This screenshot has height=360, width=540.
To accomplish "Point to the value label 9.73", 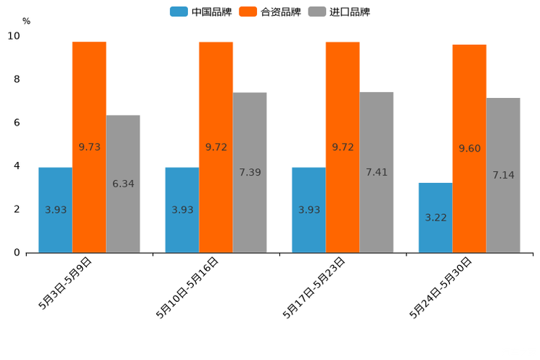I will click(x=89, y=147).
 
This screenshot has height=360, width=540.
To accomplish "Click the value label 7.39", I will click(x=250, y=173).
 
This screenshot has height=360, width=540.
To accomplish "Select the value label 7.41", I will click(x=377, y=173).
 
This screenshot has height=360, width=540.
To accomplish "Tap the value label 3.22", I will click(x=435, y=218).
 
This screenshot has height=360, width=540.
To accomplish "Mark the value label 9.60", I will click(x=470, y=149).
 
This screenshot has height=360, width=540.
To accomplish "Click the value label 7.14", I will click(x=503, y=176).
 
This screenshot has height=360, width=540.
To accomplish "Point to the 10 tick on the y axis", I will click(x=15, y=36).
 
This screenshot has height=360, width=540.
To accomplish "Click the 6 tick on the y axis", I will click(x=17, y=123).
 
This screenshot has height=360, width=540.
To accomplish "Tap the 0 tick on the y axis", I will click(x=17, y=253).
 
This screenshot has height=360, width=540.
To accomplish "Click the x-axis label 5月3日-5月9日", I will click(x=65, y=283).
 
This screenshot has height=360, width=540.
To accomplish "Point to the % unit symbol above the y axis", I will click(x=26, y=21).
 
